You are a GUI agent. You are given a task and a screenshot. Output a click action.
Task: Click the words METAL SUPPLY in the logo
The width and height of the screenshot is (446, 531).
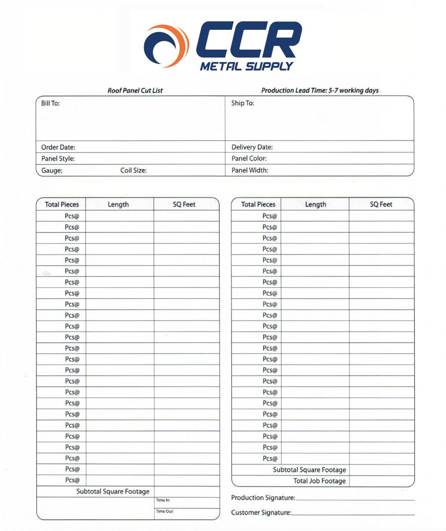point(246,66)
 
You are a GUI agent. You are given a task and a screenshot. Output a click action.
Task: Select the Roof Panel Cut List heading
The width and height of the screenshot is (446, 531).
point(135,90)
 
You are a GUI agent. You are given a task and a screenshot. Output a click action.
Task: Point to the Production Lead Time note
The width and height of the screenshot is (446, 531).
point(320,90)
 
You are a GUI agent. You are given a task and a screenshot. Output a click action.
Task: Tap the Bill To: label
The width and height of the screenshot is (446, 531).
point(50,104)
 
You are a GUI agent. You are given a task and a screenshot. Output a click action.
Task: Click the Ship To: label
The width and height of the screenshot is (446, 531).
point(242,104)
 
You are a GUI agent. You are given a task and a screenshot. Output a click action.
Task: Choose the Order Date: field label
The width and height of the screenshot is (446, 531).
point(58,147)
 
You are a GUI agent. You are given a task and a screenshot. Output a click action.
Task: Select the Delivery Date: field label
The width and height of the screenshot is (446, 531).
point(252,147)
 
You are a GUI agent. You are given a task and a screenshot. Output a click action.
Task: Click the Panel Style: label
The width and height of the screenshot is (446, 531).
point(58,159)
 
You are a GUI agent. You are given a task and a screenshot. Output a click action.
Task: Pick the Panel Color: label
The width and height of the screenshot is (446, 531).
point(249,159)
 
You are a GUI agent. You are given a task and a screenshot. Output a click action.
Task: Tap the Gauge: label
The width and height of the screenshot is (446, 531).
point(52,170)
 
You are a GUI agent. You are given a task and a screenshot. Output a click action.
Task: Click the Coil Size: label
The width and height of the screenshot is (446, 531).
point(133,170)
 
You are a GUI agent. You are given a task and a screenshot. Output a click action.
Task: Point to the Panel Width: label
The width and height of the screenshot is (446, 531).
point(250,170)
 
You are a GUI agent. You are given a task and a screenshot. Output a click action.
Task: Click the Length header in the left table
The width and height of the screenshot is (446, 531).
point(118,204)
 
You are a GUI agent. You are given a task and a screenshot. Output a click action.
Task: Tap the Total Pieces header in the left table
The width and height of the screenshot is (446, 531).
point(61,204)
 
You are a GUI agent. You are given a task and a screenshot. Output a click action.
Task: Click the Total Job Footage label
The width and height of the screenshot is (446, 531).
point(319,481)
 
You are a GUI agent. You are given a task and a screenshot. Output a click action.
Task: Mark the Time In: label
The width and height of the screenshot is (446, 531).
point(163,500)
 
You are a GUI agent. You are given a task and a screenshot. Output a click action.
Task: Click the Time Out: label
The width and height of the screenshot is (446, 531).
point(165,511)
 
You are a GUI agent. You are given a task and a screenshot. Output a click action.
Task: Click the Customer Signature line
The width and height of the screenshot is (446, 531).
point(353,514)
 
